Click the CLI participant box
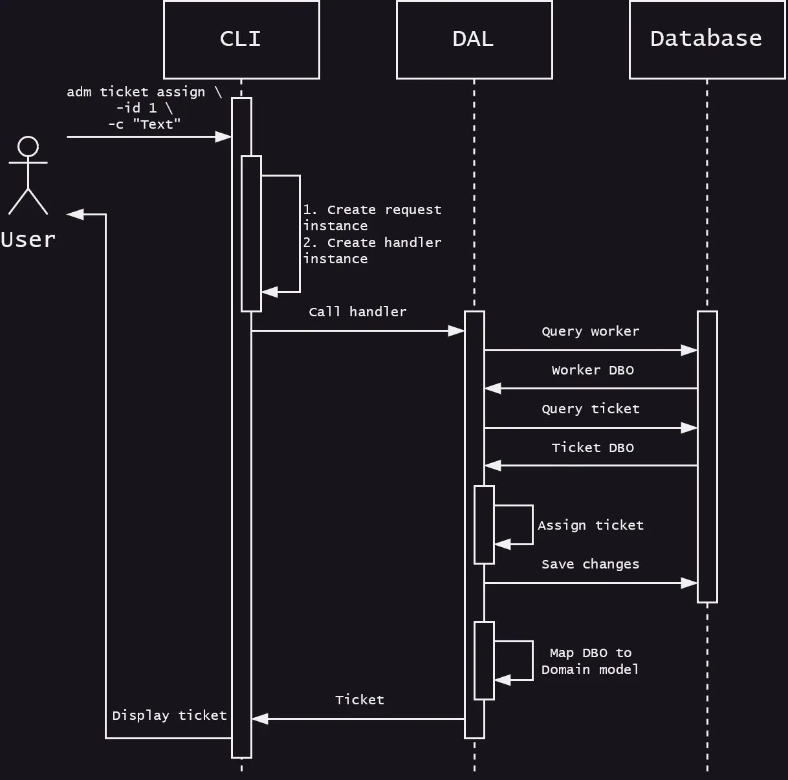(x=241, y=39)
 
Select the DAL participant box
(x=474, y=39)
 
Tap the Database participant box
(x=706, y=39)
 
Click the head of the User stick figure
(x=28, y=147)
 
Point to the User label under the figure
(x=28, y=240)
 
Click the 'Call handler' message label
(x=357, y=312)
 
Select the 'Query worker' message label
(x=590, y=331)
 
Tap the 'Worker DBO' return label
(x=592, y=370)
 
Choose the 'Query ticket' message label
(x=590, y=409)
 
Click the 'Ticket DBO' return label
(x=592, y=448)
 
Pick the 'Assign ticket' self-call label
(x=590, y=525)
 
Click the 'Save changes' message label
(x=590, y=564)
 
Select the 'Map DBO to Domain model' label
(x=590, y=661)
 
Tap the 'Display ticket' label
(x=169, y=715)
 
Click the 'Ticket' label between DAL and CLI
(x=359, y=700)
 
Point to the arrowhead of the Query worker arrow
(x=690, y=350)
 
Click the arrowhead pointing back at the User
(x=74, y=214)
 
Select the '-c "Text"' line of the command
(x=144, y=124)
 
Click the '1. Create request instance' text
(x=372, y=217)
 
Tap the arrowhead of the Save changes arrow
(x=690, y=583)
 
